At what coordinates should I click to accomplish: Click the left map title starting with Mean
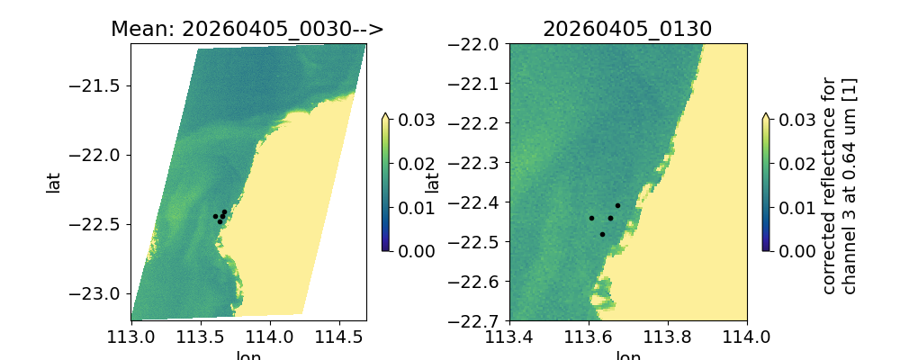point(247,29)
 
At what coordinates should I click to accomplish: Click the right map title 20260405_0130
point(627,29)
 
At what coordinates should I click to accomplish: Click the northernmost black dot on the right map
point(617,205)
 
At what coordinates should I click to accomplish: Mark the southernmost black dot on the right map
point(602,234)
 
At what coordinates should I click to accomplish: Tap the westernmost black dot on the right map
point(591,218)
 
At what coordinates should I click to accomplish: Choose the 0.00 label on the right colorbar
point(793,250)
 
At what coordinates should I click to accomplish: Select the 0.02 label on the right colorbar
point(793,163)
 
